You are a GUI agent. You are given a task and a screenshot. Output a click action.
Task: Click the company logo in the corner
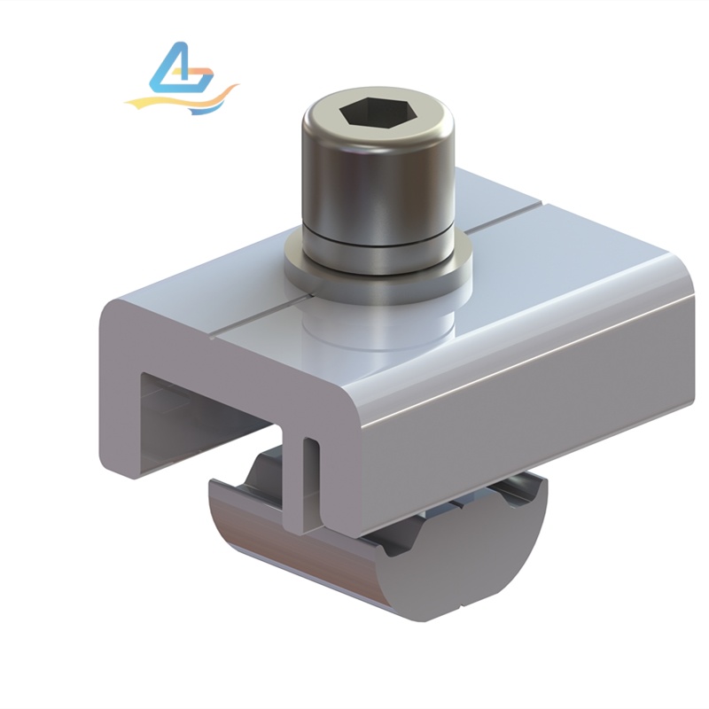point(183,80)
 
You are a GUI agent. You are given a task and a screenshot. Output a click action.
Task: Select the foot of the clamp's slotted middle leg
point(301,526)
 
